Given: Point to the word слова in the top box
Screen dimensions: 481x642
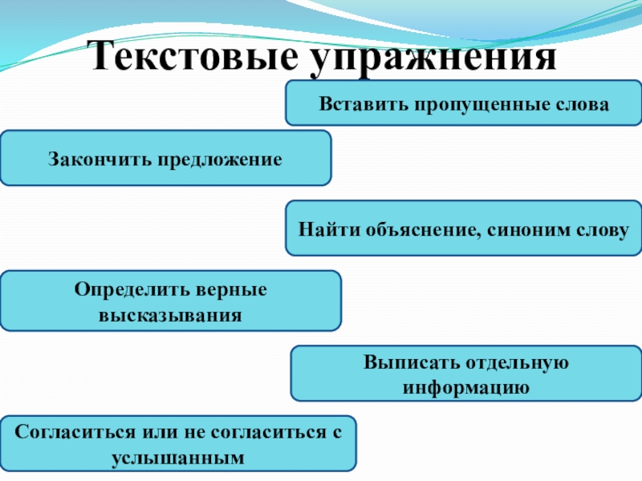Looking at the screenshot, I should coord(575,105).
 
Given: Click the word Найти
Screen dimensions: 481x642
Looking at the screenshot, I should coord(324,230).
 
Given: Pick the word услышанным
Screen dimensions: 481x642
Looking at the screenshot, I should coord(177,459).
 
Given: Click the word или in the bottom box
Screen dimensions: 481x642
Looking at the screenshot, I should coord(161,432).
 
